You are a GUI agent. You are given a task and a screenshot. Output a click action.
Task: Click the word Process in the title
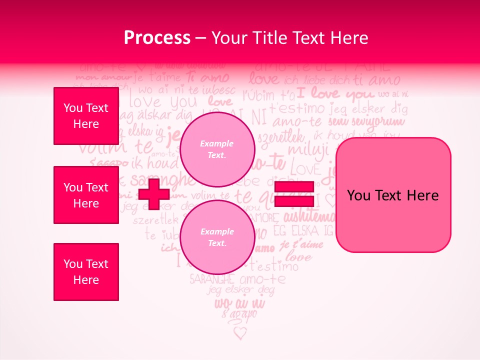(157, 38)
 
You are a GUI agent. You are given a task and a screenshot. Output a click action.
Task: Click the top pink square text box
(86, 116)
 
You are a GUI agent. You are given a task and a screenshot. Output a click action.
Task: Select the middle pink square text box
(86, 195)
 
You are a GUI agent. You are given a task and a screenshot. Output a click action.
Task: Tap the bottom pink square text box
(86, 272)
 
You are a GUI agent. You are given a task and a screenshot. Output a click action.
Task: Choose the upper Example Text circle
(217, 149)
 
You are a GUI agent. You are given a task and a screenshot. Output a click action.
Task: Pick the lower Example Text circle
(217, 237)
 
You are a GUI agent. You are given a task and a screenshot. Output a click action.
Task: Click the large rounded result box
(393, 195)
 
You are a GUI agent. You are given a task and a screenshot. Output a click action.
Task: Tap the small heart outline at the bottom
(240, 332)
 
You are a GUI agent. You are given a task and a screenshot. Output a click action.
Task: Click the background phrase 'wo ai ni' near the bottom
(240, 303)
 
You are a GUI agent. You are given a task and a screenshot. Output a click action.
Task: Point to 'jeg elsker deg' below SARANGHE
(240, 290)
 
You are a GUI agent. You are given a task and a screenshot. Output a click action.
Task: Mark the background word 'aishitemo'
(310, 217)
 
